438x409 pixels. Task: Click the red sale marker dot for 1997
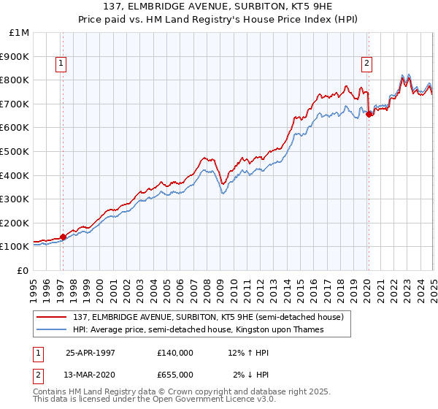pos(63,236)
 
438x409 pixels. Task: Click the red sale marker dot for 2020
pos(369,114)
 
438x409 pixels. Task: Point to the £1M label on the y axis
pos(20,32)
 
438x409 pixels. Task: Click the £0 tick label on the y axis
pos(24,270)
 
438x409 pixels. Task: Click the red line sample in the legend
pos(51,317)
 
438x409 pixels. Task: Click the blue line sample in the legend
pos(51,329)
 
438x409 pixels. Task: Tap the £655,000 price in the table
pos(175,375)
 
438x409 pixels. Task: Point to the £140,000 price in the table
pos(175,353)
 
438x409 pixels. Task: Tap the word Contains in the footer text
pos(51,392)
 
